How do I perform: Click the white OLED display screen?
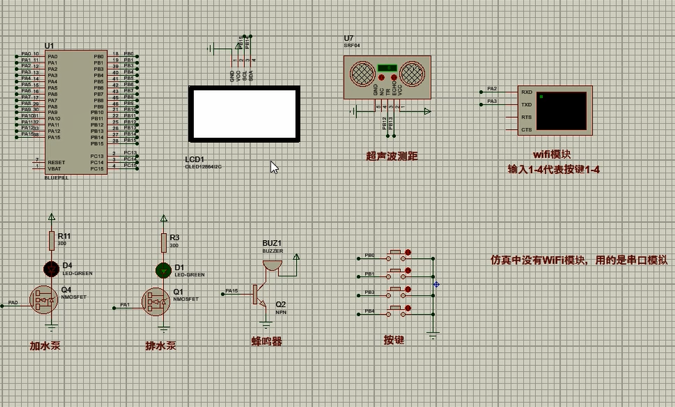pos(243,114)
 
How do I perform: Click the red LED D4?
pos(51,268)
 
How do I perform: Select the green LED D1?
pos(164,269)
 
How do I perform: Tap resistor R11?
pos(51,240)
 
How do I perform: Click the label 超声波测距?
pos(392,156)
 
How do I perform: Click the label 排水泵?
pos(160,346)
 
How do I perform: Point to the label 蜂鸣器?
pos(267,341)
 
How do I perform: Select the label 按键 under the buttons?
pos(394,340)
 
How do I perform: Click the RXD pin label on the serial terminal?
pos(526,92)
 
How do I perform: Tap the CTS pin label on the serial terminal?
pos(526,130)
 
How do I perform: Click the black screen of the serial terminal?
pos(561,110)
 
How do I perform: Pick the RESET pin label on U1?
pos(56,162)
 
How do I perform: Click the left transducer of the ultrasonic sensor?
pos(362,72)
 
